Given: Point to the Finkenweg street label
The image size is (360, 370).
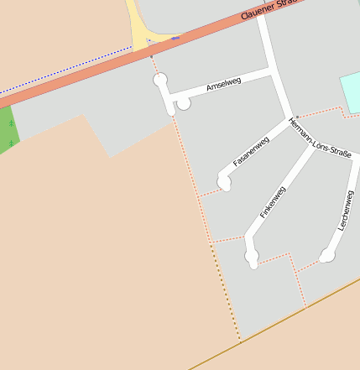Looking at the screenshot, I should click(x=274, y=203).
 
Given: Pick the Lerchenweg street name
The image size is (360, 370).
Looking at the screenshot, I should click(x=344, y=211).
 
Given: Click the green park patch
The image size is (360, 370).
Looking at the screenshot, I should click(x=8, y=130).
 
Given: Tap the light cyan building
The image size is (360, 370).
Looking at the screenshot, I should click(x=350, y=90).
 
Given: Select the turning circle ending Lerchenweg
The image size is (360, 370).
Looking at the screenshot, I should click(x=327, y=255).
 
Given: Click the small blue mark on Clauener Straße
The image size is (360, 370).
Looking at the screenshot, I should click(x=175, y=38).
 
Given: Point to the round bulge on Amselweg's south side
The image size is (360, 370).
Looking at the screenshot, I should click(x=183, y=103).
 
